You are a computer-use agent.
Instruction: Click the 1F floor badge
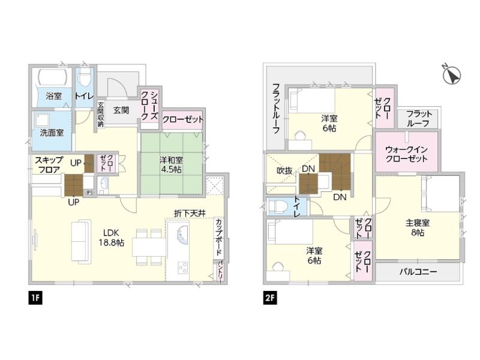(x=35, y=298)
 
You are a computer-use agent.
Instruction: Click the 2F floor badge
(x=269, y=298)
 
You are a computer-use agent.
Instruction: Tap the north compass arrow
(x=452, y=74)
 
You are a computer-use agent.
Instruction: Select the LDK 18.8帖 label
(x=111, y=238)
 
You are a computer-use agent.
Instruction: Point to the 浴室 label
(x=54, y=96)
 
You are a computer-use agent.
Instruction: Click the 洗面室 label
(x=52, y=133)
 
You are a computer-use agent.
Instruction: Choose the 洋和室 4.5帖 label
(x=171, y=164)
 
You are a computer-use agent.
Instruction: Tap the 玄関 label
(x=121, y=110)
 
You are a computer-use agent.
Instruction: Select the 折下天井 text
(x=190, y=214)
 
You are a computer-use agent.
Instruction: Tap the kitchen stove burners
(x=183, y=268)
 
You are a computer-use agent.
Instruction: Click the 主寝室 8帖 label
(x=418, y=227)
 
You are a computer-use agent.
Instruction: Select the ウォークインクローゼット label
(x=407, y=154)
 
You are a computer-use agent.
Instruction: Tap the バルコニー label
(x=418, y=272)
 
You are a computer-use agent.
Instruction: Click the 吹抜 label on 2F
(x=284, y=171)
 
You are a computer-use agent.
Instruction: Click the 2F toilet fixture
(x=278, y=207)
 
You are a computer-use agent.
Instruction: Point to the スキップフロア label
(x=49, y=164)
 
